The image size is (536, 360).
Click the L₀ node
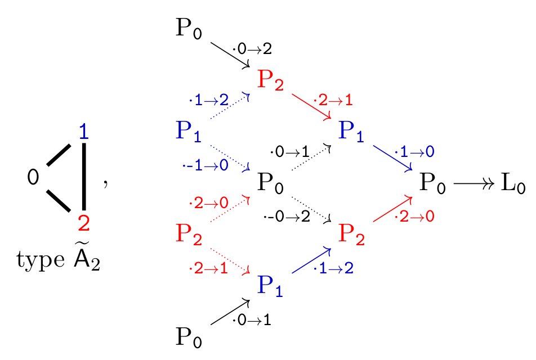(513, 183)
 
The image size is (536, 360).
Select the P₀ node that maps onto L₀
(432, 183)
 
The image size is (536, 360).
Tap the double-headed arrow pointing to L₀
(474, 184)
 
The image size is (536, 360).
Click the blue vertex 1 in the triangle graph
(84, 132)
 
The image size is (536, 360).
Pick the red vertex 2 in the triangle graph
(84, 223)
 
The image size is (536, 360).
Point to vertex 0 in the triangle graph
(33, 177)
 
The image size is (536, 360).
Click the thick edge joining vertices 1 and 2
(84, 177)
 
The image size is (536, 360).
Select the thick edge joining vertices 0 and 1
(59, 155)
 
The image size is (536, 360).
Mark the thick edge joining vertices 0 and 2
(59, 200)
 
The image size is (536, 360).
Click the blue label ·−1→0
(206, 165)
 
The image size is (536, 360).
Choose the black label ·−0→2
(287, 217)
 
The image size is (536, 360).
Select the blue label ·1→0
(414, 152)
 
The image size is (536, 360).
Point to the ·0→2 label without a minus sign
(252, 49)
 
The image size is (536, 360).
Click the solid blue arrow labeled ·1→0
(393, 158)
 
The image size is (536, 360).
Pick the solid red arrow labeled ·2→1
(311, 106)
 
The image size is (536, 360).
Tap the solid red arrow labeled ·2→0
(393, 209)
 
